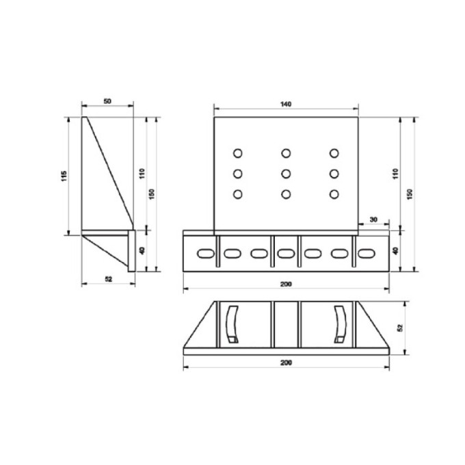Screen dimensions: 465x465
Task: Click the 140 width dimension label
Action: (285, 104)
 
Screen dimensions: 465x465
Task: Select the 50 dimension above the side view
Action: (107, 101)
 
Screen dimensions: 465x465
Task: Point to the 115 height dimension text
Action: (64, 176)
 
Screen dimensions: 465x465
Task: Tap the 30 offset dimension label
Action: (373, 220)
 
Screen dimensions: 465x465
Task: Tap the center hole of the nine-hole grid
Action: (286, 173)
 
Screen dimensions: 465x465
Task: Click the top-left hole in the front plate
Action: (238, 152)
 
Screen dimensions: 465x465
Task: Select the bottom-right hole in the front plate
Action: (334, 195)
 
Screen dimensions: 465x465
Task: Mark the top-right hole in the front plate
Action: (334, 152)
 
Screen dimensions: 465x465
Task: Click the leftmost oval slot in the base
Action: (204, 253)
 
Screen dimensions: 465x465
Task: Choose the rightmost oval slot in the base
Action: (367, 253)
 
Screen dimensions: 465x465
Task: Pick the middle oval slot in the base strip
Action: (286, 253)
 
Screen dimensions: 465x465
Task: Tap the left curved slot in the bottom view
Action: (231, 323)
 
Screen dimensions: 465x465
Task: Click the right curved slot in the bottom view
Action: (340, 323)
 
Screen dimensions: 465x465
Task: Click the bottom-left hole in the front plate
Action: (238, 195)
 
